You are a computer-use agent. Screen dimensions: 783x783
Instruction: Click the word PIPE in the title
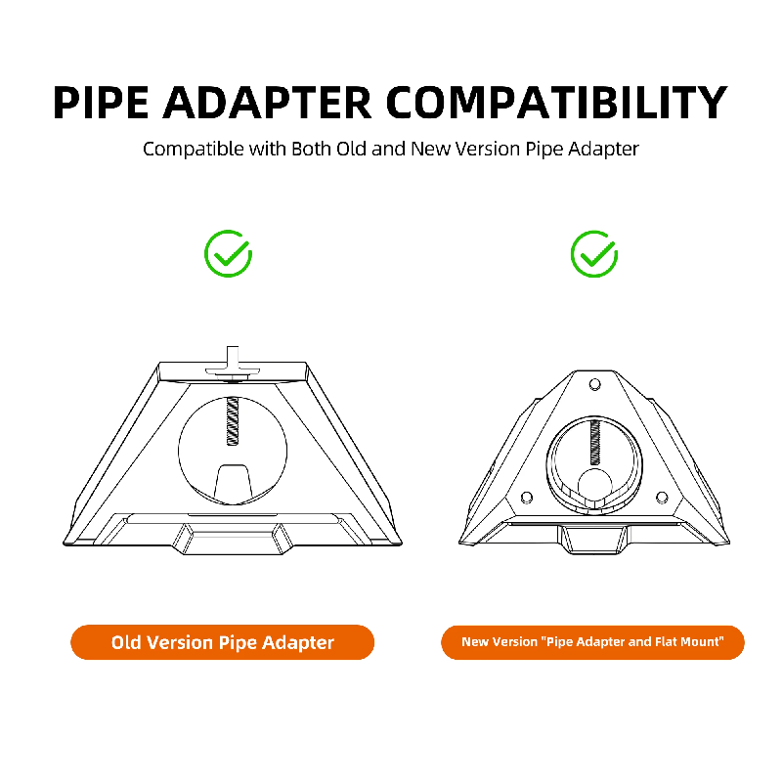coord(101,103)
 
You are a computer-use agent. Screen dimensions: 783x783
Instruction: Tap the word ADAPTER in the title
coord(267,103)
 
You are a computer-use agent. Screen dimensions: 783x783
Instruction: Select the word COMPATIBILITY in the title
coord(557,103)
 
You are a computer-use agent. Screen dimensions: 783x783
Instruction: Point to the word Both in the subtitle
coord(311,149)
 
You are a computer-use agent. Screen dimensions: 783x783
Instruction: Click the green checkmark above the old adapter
coord(228,254)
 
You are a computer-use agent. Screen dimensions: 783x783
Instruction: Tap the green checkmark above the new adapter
coord(594,254)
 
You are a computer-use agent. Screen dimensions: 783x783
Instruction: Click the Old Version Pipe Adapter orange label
coord(222,642)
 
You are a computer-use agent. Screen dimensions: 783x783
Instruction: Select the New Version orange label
coord(592,642)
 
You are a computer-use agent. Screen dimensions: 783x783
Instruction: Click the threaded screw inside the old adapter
coord(233,421)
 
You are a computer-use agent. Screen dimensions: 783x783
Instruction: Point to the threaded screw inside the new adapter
coord(594,442)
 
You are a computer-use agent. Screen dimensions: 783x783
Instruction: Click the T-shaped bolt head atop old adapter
coord(233,363)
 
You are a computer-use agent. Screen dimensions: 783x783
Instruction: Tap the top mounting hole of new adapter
coord(594,384)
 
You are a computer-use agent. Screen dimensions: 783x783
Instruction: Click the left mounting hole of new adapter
coord(526,498)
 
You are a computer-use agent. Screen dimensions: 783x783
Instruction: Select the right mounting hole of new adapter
coord(662,498)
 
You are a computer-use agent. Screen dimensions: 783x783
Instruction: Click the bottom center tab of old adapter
coord(233,539)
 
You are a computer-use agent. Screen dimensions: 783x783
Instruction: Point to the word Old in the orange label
coord(126,642)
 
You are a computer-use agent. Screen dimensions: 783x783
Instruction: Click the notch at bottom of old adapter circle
coord(233,483)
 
